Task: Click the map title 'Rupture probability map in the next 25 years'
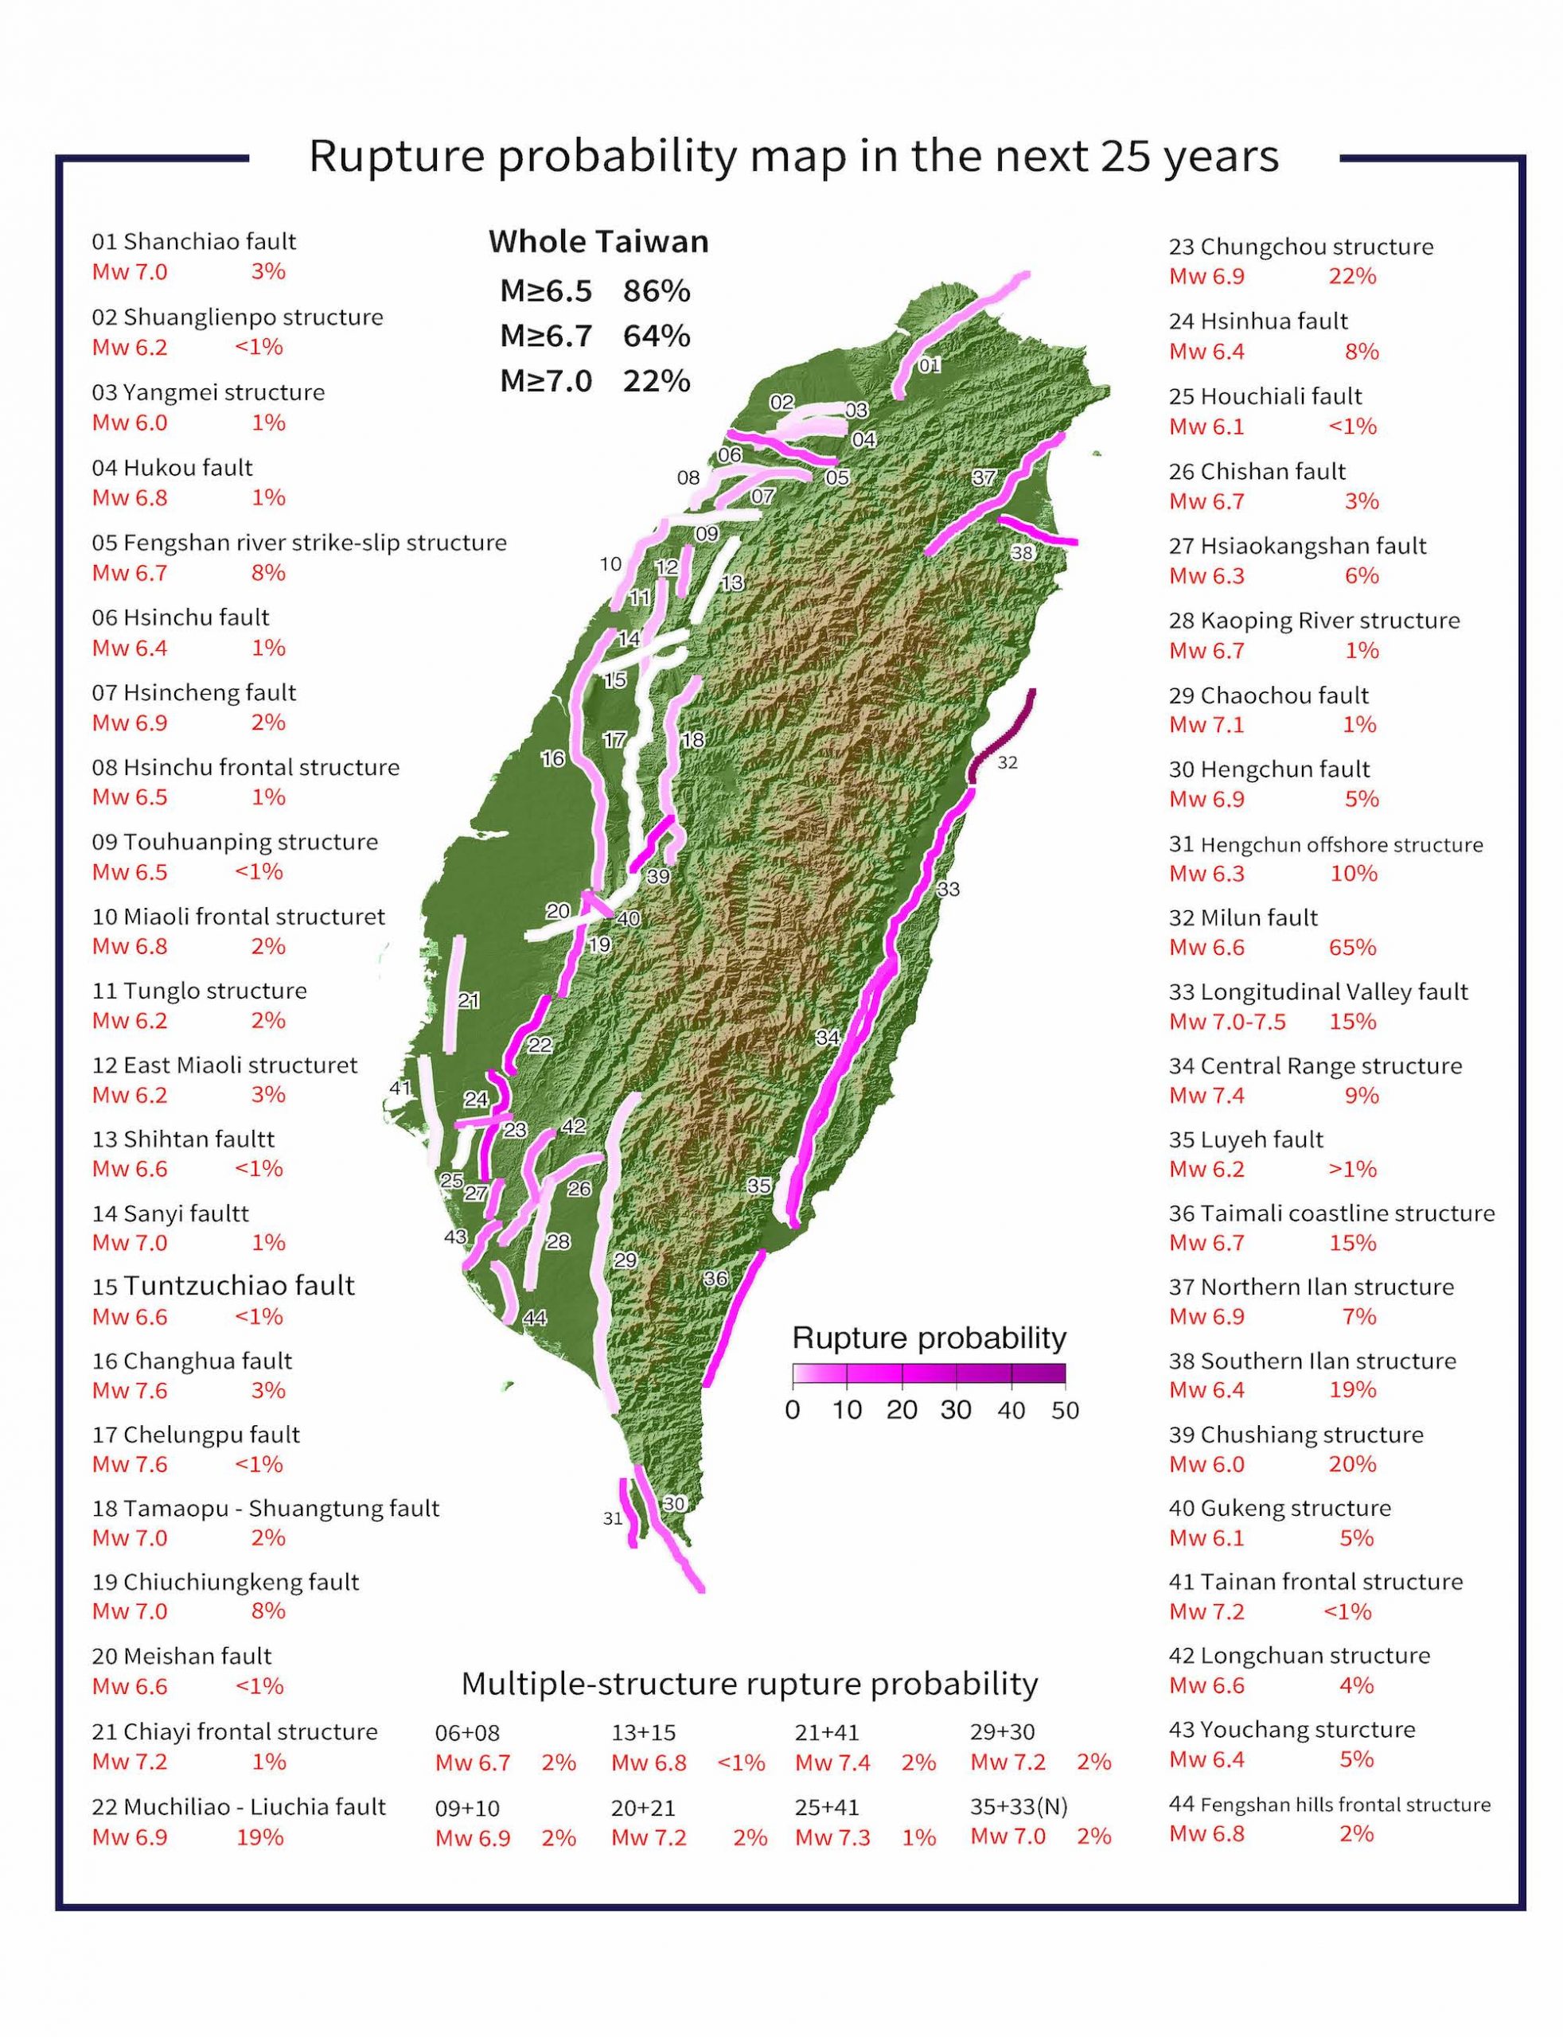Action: [x=793, y=156]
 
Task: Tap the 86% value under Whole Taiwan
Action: [x=656, y=291]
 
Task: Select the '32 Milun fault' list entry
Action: [x=1243, y=918]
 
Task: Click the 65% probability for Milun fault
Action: [x=1352, y=948]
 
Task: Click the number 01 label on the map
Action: [x=930, y=365]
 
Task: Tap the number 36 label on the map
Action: [x=715, y=1278]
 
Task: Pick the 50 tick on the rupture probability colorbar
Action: [x=1064, y=1411]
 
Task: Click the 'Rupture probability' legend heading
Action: [x=929, y=1338]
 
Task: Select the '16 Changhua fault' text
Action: [x=192, y=1361]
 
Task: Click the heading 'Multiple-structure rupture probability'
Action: [x=749, y=1684]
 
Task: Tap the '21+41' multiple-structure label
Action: [x=826, y=1733]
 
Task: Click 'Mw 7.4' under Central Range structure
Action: [x=1206, y=1096]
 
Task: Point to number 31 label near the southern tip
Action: [x=612, y=1519]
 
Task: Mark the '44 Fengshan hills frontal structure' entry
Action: [x=1328, y=1805]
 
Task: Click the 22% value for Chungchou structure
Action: [x=1352, y=276]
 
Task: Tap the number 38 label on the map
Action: [x=1022, y=552]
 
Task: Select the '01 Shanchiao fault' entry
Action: [x=193, y=242]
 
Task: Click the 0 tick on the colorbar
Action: [x=793, y=1411]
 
